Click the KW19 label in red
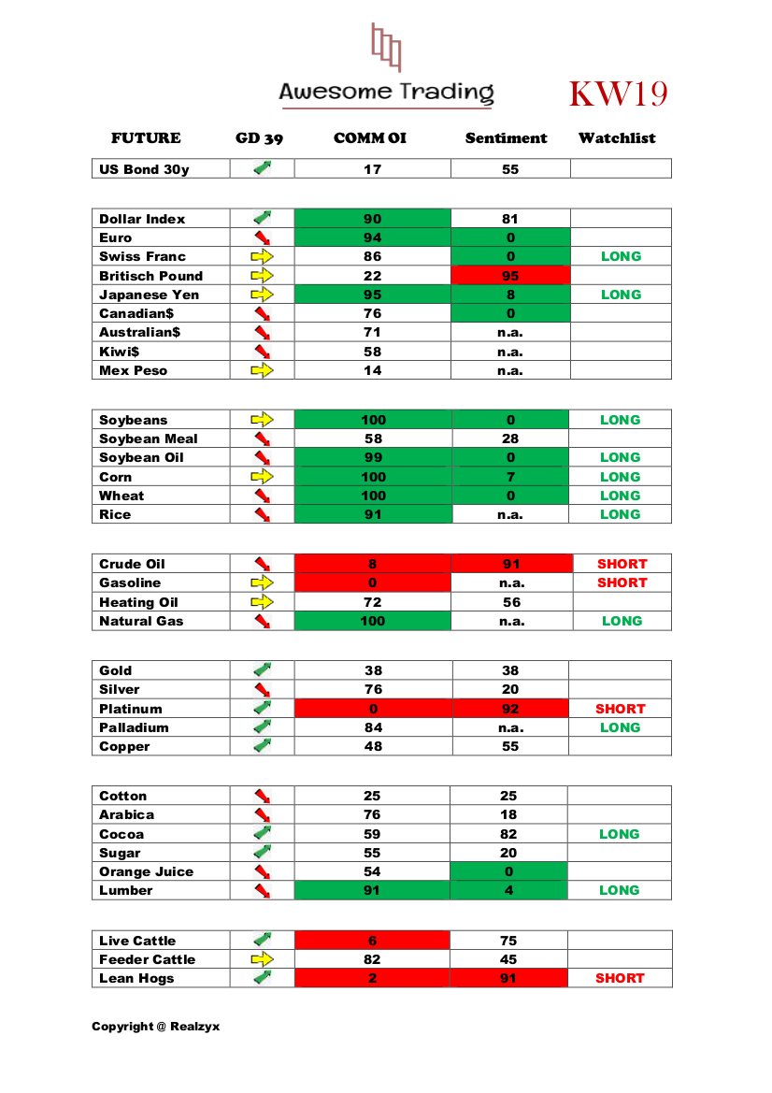[x=618, y=94]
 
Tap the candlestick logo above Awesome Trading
[x=386, y=47]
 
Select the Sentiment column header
[x=506, y=138]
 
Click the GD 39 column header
[x=259, y=138]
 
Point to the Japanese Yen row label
[x=149, y=295]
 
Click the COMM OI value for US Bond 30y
[x=372, y=169]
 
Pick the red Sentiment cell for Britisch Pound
[x=510, y=276]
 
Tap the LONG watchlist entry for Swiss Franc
[x=621, y=256]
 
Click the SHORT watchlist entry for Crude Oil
[x=622, y=564]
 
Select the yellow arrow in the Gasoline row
[x=262, y=582]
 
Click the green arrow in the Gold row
[x=262, y=669]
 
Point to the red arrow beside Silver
[x=262, y=689]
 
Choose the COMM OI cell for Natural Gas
[x=372, y=621]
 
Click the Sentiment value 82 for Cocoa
[x=509, y=834]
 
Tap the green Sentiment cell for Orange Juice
[x=509, y=871]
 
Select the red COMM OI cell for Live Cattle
[x=372, y=941]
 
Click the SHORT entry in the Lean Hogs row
[x=620, y=978]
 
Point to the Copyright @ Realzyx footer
[x=155, y=1027]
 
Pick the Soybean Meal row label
[x=149, y=439]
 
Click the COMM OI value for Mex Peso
[x=372, y=370]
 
